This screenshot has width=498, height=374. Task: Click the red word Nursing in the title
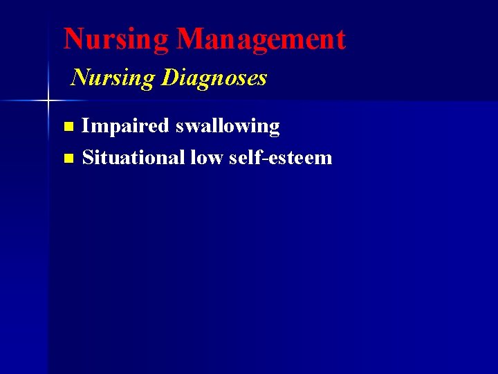tap(116, 39)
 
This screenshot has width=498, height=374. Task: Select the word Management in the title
tap(261, 39)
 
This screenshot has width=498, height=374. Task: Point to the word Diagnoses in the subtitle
tap(214, 78)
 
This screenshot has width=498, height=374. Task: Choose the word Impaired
tap(125, 126)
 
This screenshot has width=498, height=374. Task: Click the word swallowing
tap(228, 127)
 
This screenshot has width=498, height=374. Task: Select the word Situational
tap(132, 158)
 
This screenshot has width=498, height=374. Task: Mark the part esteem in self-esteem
tap(298, 158)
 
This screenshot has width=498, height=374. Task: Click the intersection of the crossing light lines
tap(48, 101)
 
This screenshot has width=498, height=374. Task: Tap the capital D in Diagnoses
tap(169, 78)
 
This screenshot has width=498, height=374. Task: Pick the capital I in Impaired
tap(86, 126)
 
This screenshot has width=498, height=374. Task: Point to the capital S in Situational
tap(88, 158)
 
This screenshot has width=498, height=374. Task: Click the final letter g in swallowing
tap(274, 128)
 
